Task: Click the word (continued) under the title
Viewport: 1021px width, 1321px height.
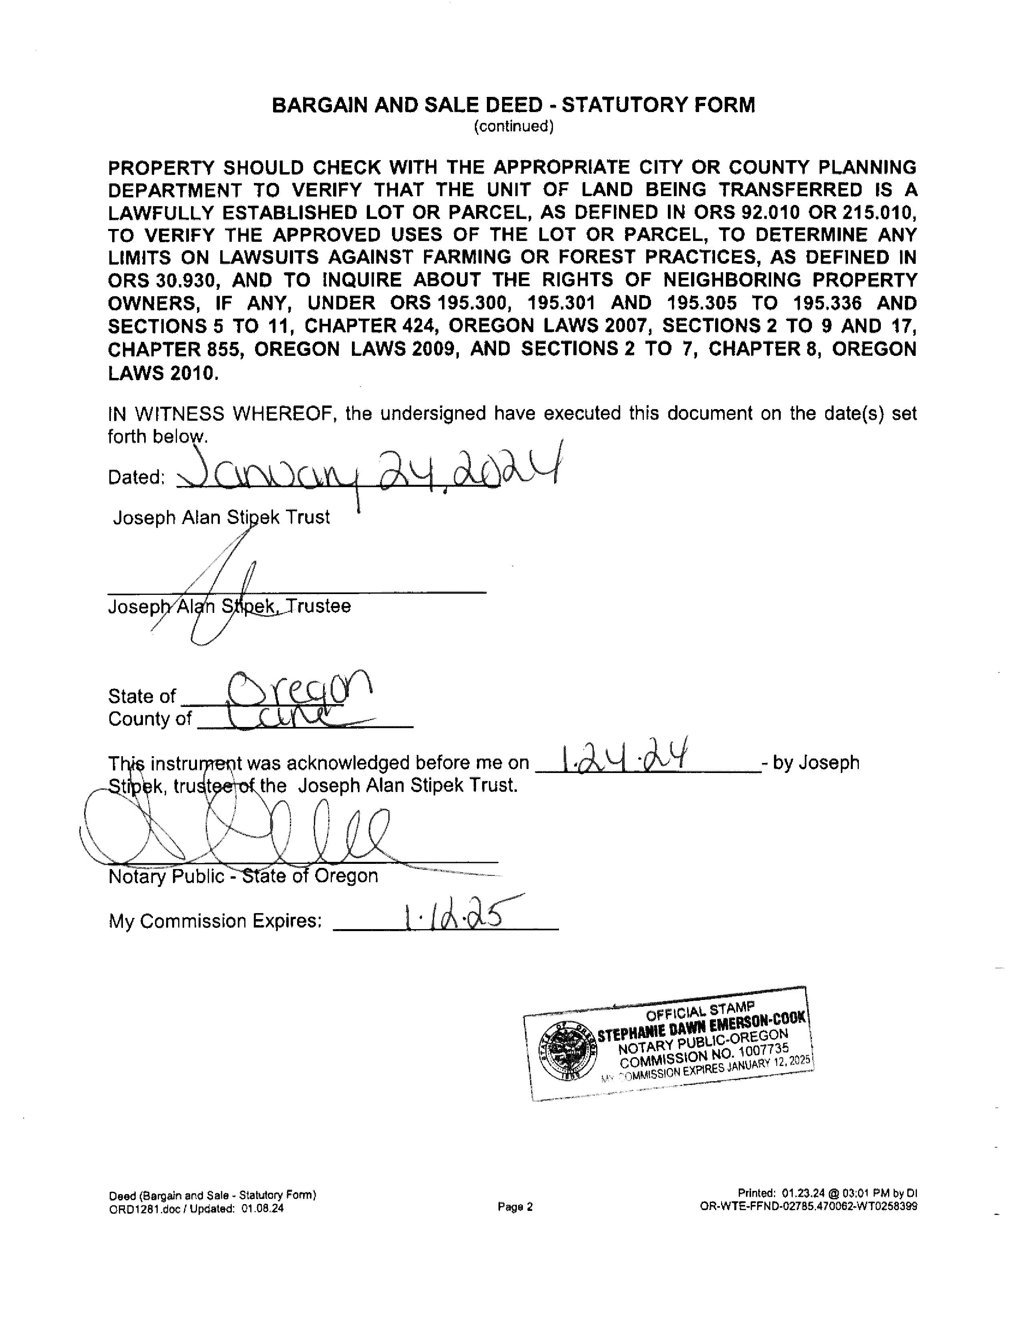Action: coord(514,126)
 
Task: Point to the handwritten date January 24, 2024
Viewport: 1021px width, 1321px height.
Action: coord(369,472)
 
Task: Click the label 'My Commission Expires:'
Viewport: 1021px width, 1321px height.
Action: coord(215,921)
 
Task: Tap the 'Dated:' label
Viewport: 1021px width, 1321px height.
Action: coord(137,478)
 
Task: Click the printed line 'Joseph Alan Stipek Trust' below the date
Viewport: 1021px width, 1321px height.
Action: coord(221,518)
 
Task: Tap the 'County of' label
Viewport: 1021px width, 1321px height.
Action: coord(149,719)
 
